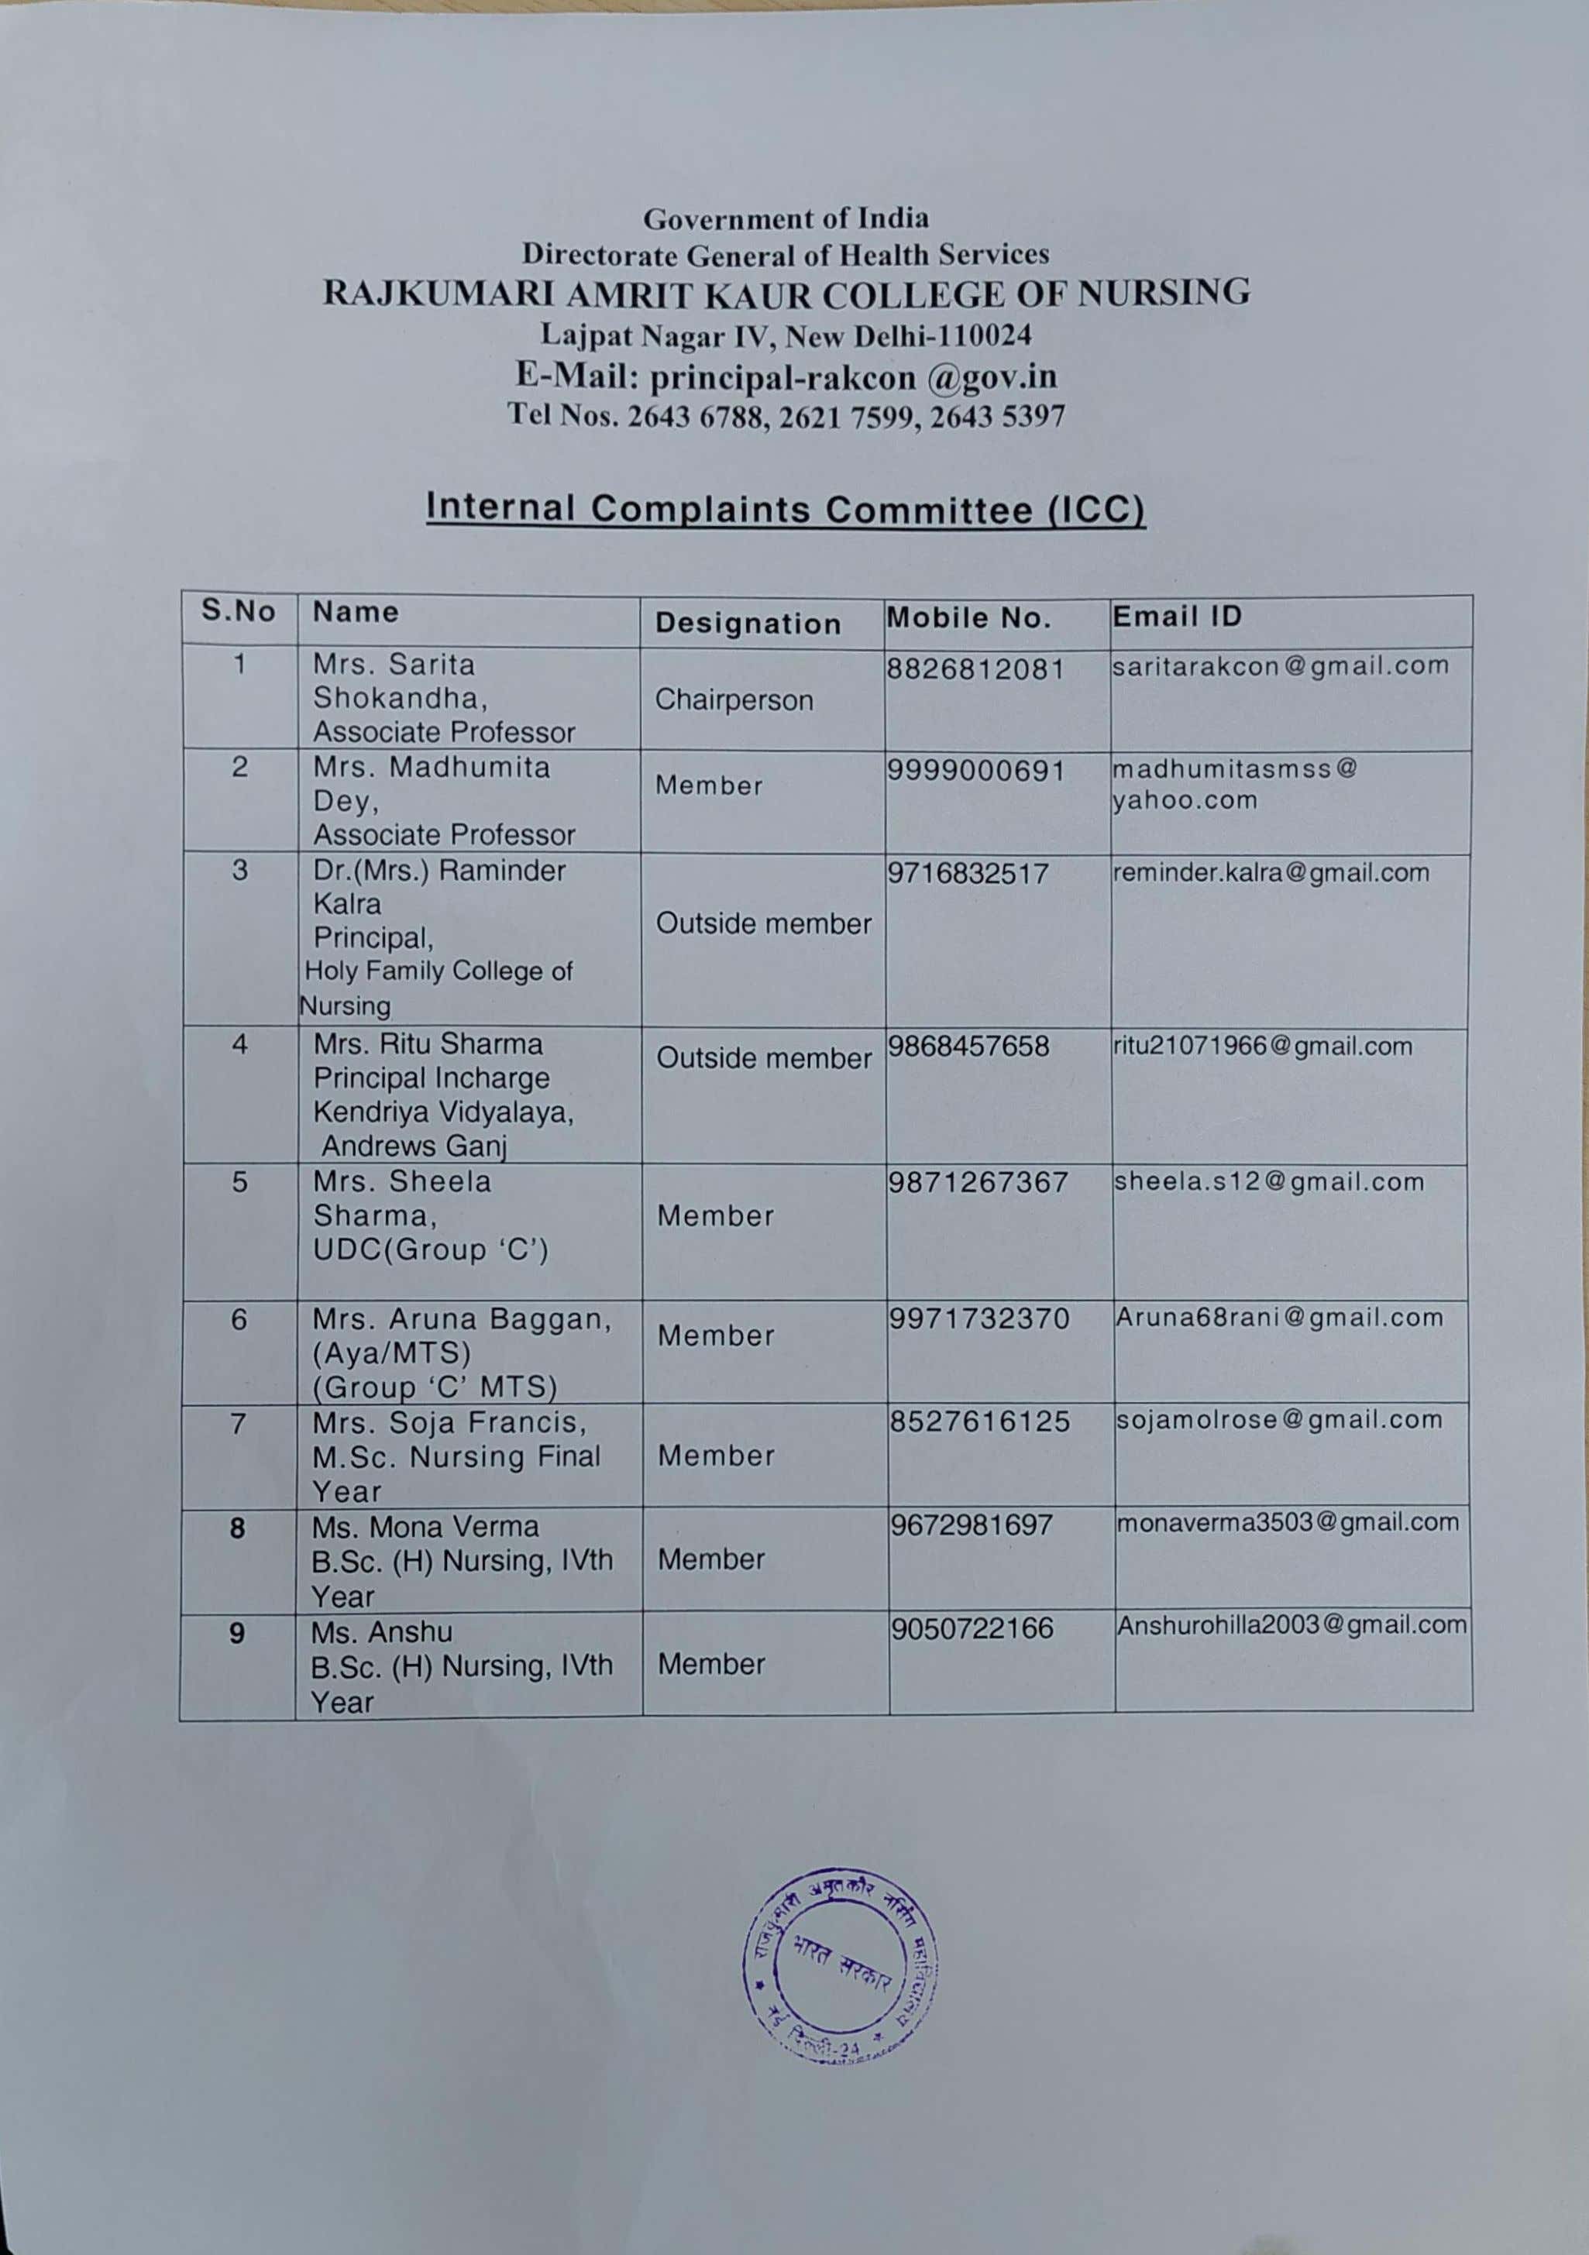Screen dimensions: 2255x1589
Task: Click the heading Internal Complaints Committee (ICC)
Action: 786,509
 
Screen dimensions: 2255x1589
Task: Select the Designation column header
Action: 748,624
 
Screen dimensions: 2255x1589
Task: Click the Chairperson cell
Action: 734,700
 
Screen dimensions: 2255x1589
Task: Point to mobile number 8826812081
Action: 975,670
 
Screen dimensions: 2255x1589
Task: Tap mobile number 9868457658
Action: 968,1046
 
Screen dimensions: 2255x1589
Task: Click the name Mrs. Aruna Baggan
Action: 462,1319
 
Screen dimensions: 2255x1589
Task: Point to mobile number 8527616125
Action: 979,1421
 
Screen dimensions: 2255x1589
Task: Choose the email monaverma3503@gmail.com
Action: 1288,1522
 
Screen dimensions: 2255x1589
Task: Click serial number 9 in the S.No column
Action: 236,1633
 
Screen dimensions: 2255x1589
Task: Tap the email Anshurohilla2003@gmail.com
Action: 1291,1624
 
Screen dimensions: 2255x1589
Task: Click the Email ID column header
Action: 1177,617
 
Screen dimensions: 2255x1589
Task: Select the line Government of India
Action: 786,217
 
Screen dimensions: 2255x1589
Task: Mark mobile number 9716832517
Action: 968,874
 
